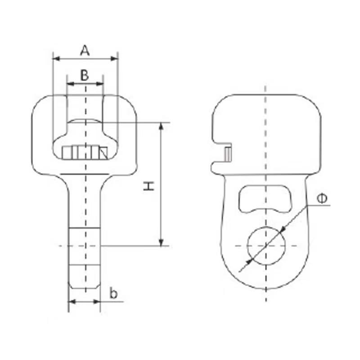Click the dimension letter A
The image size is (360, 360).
tap(85, 50)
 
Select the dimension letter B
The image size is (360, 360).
tap(85, 75)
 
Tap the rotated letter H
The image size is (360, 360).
tap(149, 186)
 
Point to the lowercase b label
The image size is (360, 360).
tap(113, 293)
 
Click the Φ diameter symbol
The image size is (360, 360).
tap(322, 198)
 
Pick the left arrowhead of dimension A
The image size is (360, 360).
tap(57, 59)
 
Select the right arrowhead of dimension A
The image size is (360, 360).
tap(114, 59)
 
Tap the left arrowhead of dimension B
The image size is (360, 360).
tap(71, 84)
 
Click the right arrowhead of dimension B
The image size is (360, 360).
tap(99, 84)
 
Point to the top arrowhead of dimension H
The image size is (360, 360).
tap(161, 126)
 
